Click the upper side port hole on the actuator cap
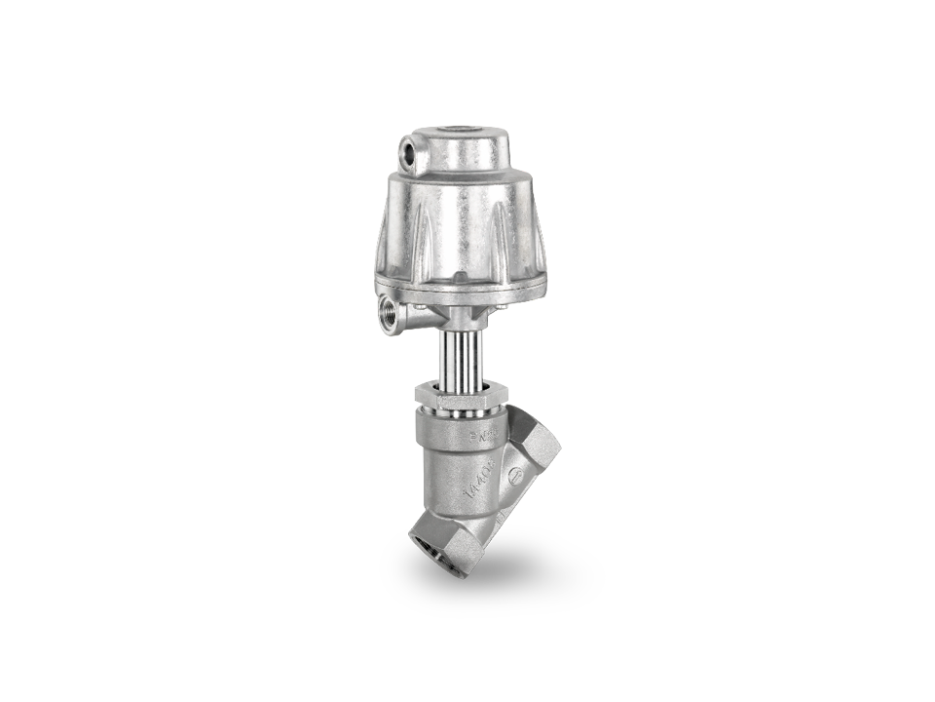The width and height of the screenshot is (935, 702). tap(408, 154)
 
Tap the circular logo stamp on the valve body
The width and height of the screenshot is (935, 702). tap(516, 477)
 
